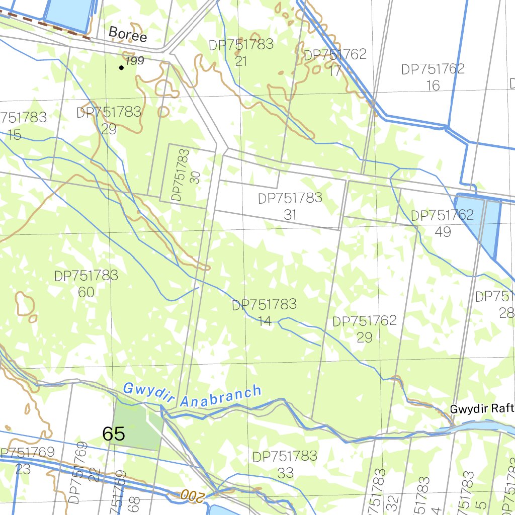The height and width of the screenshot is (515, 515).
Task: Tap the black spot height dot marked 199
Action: tap(121, 67)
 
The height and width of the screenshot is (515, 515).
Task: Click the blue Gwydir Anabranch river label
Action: tap(192, 396)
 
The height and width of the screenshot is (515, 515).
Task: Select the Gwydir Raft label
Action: tap(482, 408)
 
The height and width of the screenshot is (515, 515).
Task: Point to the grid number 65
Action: tap(113, 434)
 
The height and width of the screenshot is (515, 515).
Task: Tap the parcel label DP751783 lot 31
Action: tap(290, 206)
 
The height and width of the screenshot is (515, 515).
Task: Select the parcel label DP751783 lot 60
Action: tap(86, 284)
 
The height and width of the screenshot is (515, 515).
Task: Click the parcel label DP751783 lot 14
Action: tap(264, 312)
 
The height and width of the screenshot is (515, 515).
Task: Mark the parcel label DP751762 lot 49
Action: tap(443, 223)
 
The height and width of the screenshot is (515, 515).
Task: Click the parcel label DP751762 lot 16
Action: tap(433, 77)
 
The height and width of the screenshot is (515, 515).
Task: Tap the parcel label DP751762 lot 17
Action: tap(335, 62)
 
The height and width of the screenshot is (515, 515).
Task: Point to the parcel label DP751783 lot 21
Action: tap(241, 52)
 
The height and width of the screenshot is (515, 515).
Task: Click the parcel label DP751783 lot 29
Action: tap(109, 120)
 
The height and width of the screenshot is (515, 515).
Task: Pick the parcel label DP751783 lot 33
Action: tap(285, 464)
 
